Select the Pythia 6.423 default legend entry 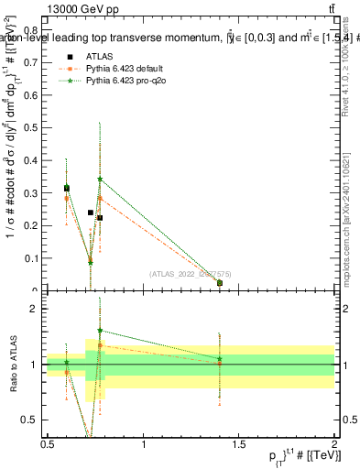pyautogui.click(x=124, y=69)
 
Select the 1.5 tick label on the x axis pyautogui.click(x=239, y=444)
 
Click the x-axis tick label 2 pyautogui.click(x=334, y=444)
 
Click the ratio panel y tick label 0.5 pyautogui.click(x=34, y=420)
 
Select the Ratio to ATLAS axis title pyautogui.click(x=13, y=364)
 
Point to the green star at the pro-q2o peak pyautogui.click(x=100, y=180)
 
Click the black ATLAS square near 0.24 pyautogui.click(x=91, y=213)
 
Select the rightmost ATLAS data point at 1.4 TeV pyautogui.click(x=220, y=283)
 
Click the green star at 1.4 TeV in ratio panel pyautogui.click(x=220, y=358)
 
